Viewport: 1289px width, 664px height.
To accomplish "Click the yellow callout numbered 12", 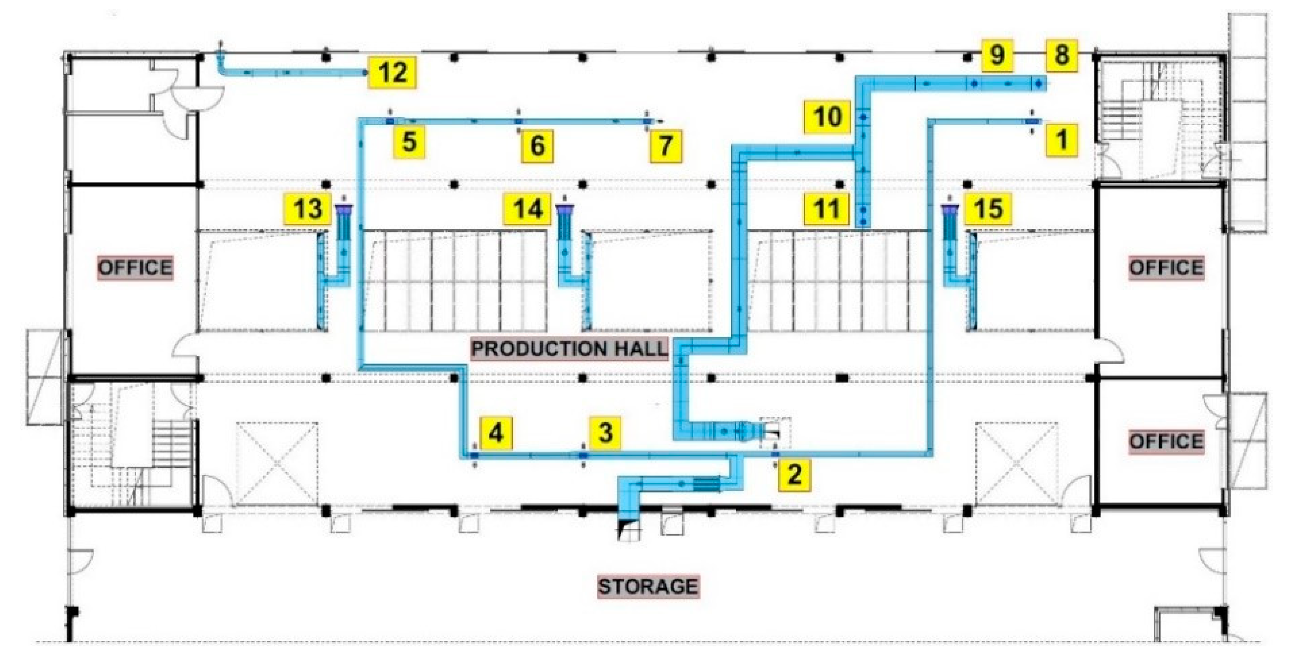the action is click(392, 73).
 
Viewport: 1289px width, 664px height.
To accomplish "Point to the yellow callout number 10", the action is click(827, 117).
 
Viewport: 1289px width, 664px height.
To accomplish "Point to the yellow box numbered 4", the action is click(496, 433).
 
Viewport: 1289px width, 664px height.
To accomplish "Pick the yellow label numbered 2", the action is click(795, 474).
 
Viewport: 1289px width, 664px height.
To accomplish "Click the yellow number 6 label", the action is click(537, 146).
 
